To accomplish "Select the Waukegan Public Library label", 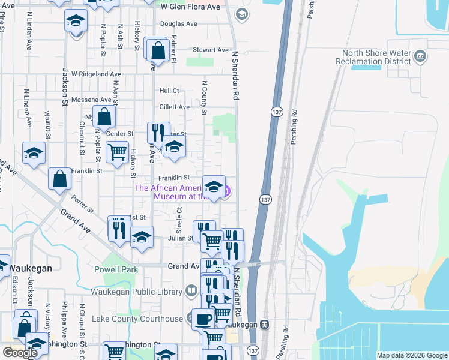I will coord(136,292).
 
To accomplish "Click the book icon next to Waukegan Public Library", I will coord(191,292).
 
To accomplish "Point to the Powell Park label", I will coord(116,270).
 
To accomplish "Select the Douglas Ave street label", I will coord(178,24).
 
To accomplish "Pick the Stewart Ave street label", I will coord(210,50).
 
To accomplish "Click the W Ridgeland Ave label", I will coord(96,74).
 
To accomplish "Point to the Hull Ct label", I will coord(169,91).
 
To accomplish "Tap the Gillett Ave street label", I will coord(174,107).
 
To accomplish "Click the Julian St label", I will coord(181,238).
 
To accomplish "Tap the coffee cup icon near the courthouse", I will coord(202,318).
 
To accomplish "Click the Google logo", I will coord(20,353).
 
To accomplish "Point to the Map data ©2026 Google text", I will coord(412,355).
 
